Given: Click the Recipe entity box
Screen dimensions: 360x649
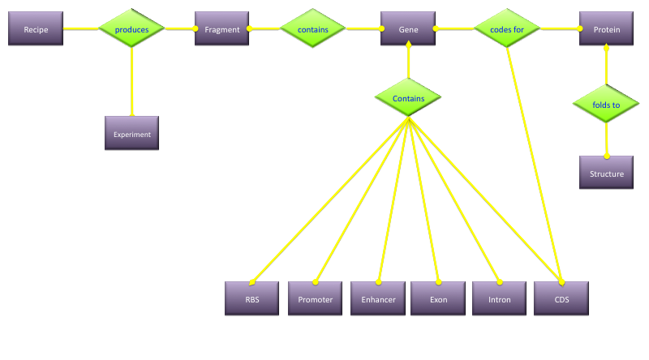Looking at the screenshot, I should (35, 29).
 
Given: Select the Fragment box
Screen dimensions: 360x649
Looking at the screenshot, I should (221, 29).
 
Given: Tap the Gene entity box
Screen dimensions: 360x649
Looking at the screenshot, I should (408, 29).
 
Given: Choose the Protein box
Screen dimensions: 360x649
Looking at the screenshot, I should (606, 29).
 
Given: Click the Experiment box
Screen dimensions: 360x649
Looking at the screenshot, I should (131, 134).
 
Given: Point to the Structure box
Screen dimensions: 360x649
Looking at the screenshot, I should (606, 173).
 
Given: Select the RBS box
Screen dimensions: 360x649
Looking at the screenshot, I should (251, 298).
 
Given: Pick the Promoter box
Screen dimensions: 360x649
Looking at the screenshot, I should (315, 298).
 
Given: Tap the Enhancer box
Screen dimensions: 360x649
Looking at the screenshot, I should (378, 298).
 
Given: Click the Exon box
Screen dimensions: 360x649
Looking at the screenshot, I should (438, 298).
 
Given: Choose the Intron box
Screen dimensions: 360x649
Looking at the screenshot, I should (500, 298).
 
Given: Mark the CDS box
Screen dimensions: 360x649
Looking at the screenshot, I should (561, 298).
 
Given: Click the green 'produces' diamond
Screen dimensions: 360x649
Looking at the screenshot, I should (131, 28).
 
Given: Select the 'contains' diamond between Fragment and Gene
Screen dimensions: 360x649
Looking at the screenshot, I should (313, 28).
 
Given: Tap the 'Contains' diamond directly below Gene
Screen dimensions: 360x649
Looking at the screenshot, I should (408, 97).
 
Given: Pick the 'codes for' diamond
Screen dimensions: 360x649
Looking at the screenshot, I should (507, 28).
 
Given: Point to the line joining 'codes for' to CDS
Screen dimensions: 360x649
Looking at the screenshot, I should (532, 162).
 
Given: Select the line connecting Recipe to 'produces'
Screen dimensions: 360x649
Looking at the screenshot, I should (81, 28).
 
